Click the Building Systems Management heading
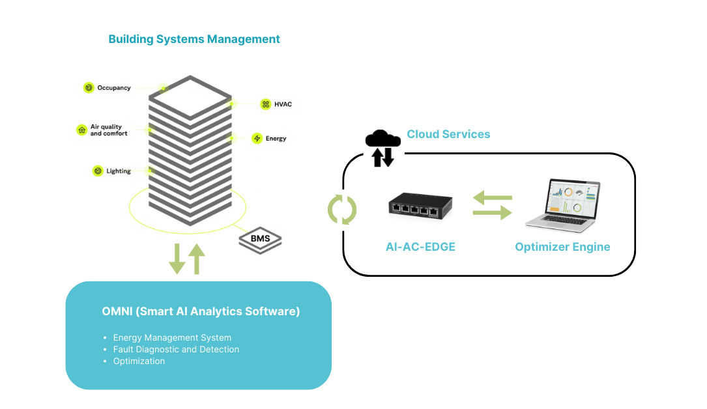click(194, 39)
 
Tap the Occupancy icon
click(89, 88)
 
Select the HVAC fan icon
click(265, 104)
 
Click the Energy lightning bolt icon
click(257, 138)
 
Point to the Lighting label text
click(119, 171)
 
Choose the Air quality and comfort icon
click(81, 130)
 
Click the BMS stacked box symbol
click(260, 239)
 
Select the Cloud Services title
click(448, 134)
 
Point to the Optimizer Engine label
click(562, 247)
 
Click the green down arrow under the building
click(177, 259)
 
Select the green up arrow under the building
click(197, 259)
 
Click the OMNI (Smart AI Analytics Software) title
click(201, 311)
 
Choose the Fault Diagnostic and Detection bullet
click(176, 350)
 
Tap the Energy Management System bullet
click(172, 338)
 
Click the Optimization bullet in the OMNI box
click(139, 361)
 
